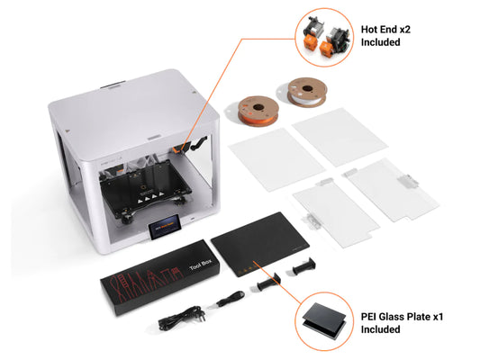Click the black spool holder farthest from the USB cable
tap(308, 266)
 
